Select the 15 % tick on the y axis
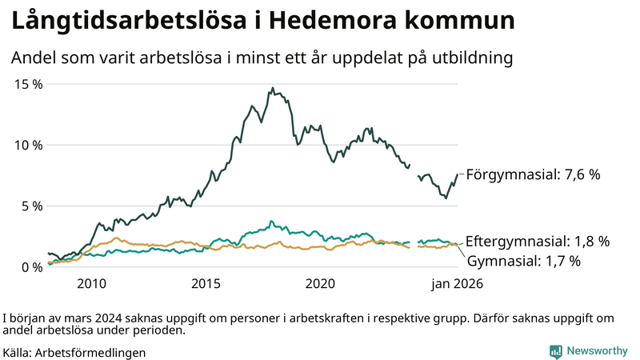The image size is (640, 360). point(27,84)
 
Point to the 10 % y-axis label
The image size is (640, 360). point(27,145)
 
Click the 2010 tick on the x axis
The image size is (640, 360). point(91,284)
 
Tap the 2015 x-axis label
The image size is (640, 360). point(206,284)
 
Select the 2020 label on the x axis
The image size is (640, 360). point(320,284)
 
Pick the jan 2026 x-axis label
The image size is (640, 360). point(458,284)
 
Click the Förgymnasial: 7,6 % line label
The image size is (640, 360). point(533,174)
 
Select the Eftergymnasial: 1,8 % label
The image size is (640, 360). point(538,241)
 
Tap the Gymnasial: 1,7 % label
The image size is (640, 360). point(523,261)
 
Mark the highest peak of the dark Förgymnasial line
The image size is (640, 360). point(273,88)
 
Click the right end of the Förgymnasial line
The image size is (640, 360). point(458,174)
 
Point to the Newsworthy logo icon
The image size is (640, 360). point(555,351)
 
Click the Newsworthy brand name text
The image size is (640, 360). point(597,351)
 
